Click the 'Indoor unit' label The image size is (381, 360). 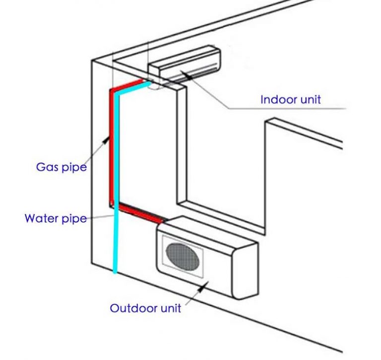coord(291,99)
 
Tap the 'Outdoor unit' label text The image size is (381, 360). coord(145,308)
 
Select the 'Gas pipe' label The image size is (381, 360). coord(62,167)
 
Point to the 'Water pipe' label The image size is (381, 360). coord(56,218)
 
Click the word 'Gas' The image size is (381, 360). coord(46,167)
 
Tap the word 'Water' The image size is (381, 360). coord(41,218)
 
